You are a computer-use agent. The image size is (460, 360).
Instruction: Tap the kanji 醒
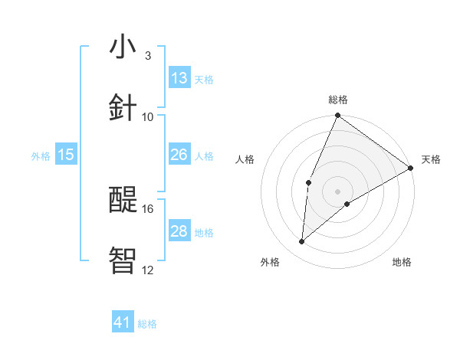click(x=123, y=200)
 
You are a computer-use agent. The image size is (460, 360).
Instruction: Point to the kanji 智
click(x=123, y=260)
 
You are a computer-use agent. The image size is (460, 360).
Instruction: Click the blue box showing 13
click(x=179, y=78)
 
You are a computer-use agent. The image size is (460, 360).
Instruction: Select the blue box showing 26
click(x=179, y=155)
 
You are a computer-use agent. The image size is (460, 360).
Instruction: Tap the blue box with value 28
click(x=179, y=231)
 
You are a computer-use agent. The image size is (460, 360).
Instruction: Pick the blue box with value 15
click(x=66, y=155)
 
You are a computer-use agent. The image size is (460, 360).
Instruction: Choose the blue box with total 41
click(x=123, y=323)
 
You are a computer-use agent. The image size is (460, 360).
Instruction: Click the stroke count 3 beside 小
click(x=147, y=56)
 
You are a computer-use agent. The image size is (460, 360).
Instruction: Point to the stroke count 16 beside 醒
click(x=148, y=208)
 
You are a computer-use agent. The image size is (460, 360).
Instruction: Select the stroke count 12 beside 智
click(x=148, y=270)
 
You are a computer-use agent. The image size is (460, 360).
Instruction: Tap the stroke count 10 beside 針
click(x=148, y=116)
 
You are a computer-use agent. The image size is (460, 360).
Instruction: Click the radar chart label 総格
click(x=337, y=100)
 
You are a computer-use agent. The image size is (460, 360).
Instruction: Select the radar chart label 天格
click(x=431, y=159)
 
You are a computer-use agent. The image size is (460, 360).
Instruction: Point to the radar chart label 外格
click(x=270, y=262)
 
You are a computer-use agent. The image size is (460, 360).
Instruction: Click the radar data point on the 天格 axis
click(x=411, y=168)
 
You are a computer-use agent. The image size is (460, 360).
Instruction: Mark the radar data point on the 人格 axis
click(x=308, y=182)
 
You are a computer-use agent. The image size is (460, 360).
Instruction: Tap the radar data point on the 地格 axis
click(x=347, y=204)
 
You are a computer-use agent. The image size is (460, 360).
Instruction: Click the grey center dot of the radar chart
click(x=337, y=191)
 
